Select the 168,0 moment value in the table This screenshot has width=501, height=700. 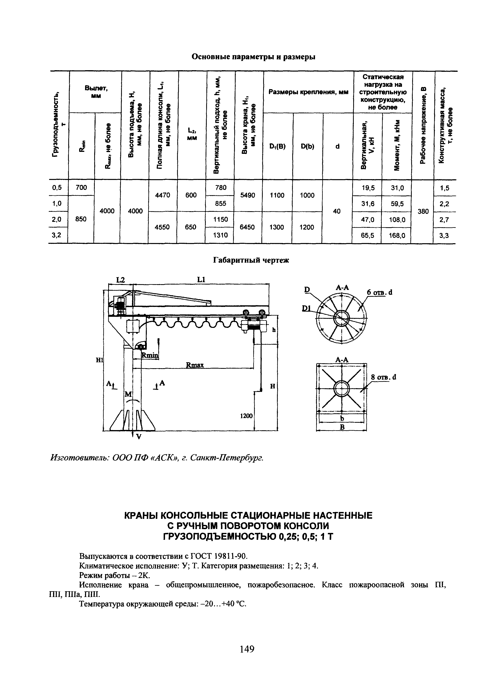397,235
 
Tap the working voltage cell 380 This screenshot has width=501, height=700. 423,211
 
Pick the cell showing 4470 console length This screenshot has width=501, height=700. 163,195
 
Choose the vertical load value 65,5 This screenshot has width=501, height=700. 367,235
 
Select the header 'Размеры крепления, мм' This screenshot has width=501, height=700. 308,92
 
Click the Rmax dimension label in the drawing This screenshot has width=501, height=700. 195,365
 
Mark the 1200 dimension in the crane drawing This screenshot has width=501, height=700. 246,416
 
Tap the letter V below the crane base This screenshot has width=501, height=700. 139,436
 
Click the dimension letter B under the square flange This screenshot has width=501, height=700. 342,427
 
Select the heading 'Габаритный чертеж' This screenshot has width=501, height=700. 251,260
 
